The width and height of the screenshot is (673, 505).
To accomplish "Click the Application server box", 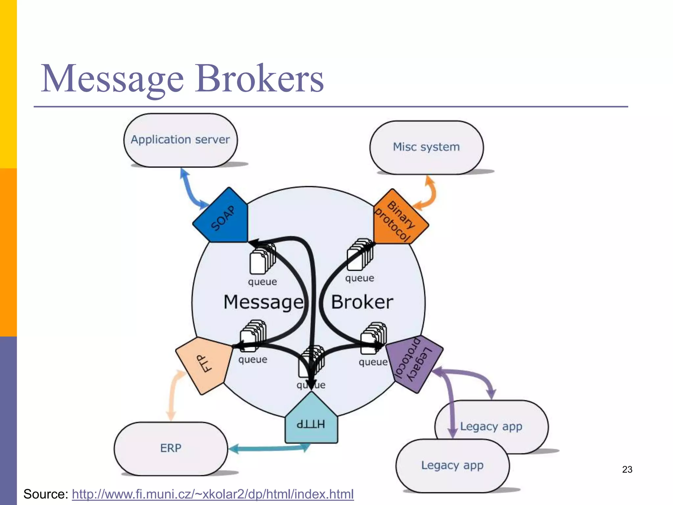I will [180, 140].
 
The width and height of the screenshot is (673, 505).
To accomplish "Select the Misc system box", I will [426, 147].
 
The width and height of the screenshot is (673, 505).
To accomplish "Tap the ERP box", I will [171, 448].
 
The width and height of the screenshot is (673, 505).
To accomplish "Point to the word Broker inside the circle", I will [362, 302].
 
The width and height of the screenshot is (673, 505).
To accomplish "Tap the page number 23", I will [627, 469].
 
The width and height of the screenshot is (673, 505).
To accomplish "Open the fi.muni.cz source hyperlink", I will [213, 494].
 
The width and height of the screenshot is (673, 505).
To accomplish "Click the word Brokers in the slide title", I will [259, 79].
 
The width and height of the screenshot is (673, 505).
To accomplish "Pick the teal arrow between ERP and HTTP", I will [269, 448].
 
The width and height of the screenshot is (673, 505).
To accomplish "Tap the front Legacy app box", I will [452, 466].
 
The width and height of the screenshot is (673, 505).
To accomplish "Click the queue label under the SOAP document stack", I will [262, 282].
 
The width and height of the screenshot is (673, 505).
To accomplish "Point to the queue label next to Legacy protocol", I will [373, 362].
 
